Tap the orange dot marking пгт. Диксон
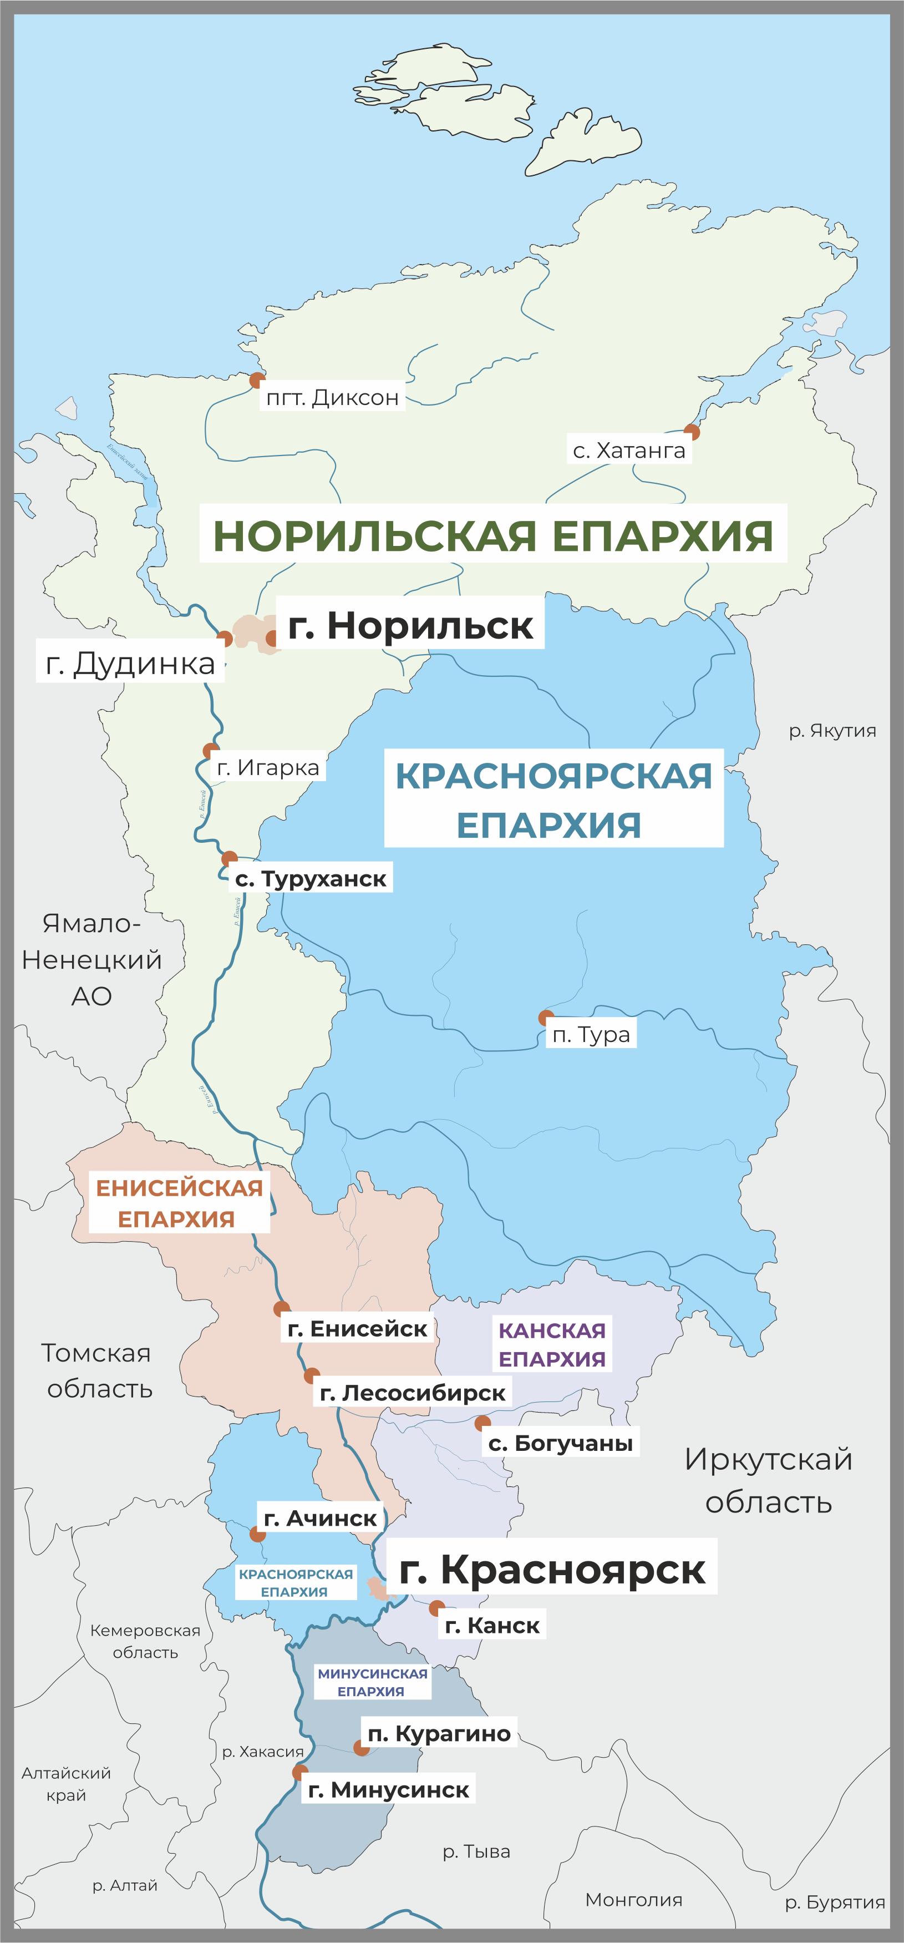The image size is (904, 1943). point(257,380)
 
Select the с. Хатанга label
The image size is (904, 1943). point(629,451)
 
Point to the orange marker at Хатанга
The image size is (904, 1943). point(692,432)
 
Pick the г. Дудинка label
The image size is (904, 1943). point(130,663)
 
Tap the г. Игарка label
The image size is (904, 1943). point(268,767)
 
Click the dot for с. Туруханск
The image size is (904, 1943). point(229,858)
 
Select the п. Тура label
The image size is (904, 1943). point(591,1034)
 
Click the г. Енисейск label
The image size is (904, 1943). point(357,1328)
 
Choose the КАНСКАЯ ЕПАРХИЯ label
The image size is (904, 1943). point(552,1344)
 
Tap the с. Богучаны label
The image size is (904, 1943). point(560,1443)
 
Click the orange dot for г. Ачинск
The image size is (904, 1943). point(258,1534)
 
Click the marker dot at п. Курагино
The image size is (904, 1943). point(361,1748)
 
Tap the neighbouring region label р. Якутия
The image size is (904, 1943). point(832,730)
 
